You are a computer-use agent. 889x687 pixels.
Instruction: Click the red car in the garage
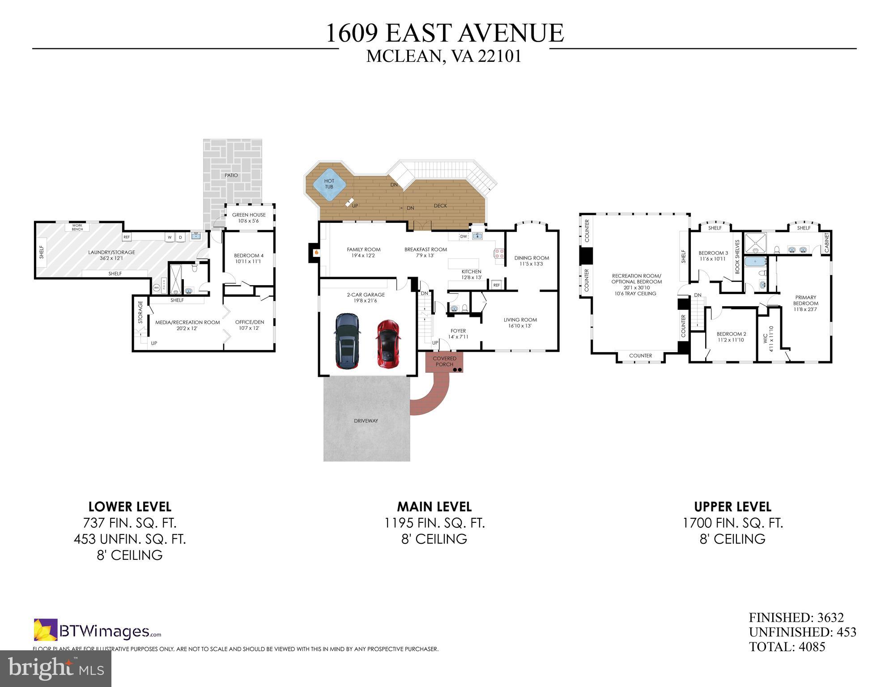tap(388, 344)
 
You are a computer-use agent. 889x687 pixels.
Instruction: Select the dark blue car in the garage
tap(347, 341)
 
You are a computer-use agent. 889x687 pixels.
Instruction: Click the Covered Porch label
tap(444, 361)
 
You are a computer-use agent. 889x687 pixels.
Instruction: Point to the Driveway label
tap(366, 421)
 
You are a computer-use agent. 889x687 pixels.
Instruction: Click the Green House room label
tap(249, 218)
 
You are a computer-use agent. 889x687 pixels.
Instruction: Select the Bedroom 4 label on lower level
tap(249, 258)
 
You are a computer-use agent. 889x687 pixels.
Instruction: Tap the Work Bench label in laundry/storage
tap(77, 227)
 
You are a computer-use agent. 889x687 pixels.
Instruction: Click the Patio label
tap(231, 175)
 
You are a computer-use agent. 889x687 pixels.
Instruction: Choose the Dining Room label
tap(532, 260)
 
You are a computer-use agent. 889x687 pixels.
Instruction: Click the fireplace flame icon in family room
tap(317, 253)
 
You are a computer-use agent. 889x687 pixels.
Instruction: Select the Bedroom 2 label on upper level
tap(731, 337)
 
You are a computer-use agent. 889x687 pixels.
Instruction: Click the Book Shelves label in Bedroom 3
tap(737, 257)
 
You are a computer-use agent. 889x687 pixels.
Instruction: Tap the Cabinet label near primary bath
tap(826, 242)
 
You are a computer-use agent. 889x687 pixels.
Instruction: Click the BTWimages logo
tap(98, 631)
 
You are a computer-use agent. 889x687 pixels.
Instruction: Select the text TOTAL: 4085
tap(787, 647)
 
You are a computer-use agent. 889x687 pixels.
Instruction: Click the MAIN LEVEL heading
tap(434, 507)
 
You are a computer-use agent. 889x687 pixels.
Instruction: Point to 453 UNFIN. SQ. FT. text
tap(130, 539)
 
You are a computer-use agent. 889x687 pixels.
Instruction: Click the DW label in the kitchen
tap(464, 236)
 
